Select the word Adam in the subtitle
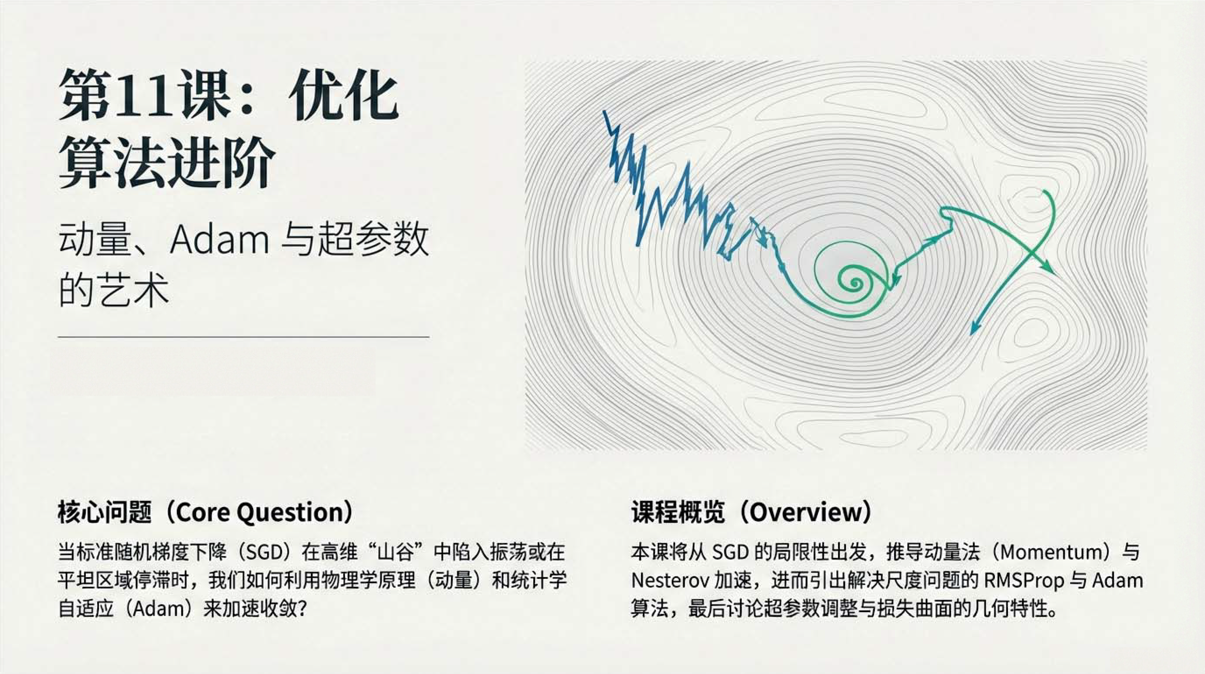click(219, 240)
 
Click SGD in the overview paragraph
click(730, 552)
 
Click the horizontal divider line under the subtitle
click(243, 336)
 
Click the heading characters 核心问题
click(105, 513)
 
